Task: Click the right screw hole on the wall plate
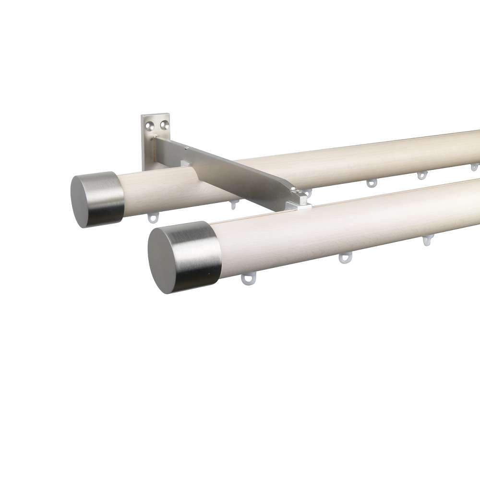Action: [165, 124]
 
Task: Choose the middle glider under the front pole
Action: [345, 258]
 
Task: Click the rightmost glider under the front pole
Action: [426, 240]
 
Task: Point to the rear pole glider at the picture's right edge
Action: [474, 167]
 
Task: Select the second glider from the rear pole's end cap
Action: [234, 203]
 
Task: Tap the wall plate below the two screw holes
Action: [149, 149]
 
